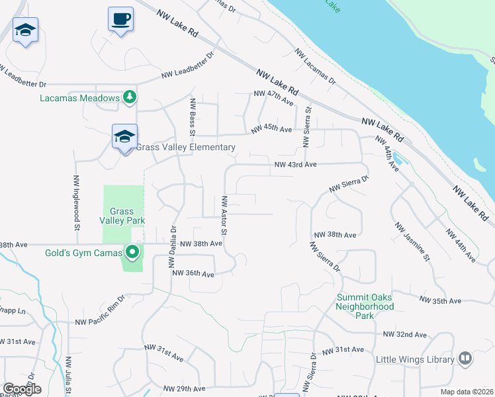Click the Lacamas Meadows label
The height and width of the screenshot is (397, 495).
coord(79,98)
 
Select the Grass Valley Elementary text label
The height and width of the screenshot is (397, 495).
coord(186,147)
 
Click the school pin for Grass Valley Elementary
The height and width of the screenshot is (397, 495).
coord(124,137)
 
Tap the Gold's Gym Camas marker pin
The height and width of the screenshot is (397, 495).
coord(132,252)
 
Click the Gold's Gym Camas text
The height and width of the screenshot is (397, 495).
coord(83,253)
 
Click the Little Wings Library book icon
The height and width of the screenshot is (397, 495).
coord(465,359)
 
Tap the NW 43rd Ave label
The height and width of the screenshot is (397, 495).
coord(296,164)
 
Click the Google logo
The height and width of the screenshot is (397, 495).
coord(22,390)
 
